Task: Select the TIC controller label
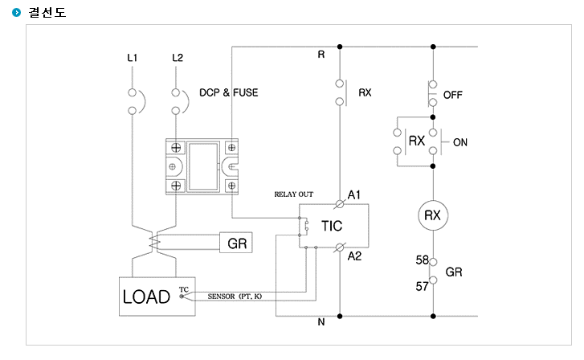(332, 226)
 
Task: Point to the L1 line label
(133, 58)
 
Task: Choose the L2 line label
(178, 58)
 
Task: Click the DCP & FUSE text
(229, 92)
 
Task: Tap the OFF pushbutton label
(452, 95)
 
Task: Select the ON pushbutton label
(460, 142)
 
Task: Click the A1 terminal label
(353, 194)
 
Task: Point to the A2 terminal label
(354, 256)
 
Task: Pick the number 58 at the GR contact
(423, 260)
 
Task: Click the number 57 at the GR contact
(423, 286)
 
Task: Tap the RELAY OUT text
(294, 194)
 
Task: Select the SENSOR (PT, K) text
(235, 297)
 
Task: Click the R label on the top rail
(321, 55)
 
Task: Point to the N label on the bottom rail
(321, 322)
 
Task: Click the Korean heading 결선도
(47, 12)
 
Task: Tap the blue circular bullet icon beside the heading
(17, 13)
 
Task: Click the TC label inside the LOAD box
(184, 289)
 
